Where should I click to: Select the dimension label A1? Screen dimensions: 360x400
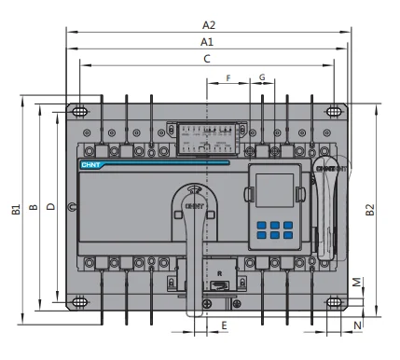tap(207, 43)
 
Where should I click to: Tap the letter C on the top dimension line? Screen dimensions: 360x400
tap(207, 60)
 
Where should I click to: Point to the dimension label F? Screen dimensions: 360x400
tap(228, 77)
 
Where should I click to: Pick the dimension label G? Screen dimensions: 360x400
tap(262, 77)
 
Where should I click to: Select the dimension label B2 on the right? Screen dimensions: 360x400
tap(371, 210)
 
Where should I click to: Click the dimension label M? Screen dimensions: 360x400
tap(357, 282)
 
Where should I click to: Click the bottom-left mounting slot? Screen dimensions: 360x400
tap(81, 302)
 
